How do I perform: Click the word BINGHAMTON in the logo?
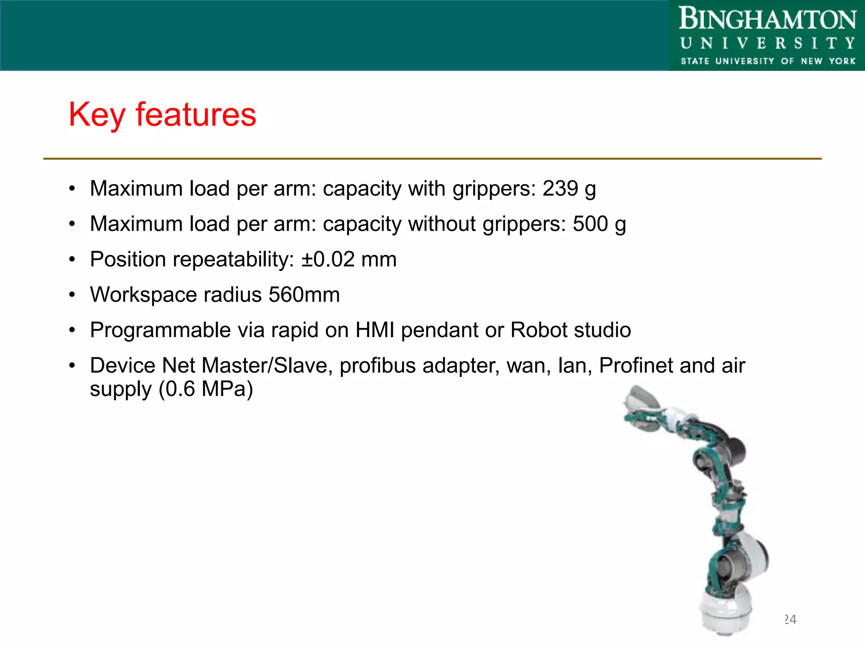pyautogui.click(x=767, y=19)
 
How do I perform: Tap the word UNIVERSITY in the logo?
pyautogui.click(x=767, y=44)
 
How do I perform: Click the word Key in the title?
pyautogui.click(x=97, y=115)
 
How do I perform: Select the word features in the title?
pyautogui.click(x=196, y=115)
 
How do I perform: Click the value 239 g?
pyautogui.click(x=569, y=189)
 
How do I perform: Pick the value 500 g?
pyautogui.click(x=599, y=224)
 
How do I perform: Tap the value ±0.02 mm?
pyautogui.click(x=349, y=259)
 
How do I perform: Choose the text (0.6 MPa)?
pyautogui.click(x=206, y=389)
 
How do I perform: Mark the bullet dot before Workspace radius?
pyautogui.click(x=72, y=295)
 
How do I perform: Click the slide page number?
pyautogui.click(x=790, y=619)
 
